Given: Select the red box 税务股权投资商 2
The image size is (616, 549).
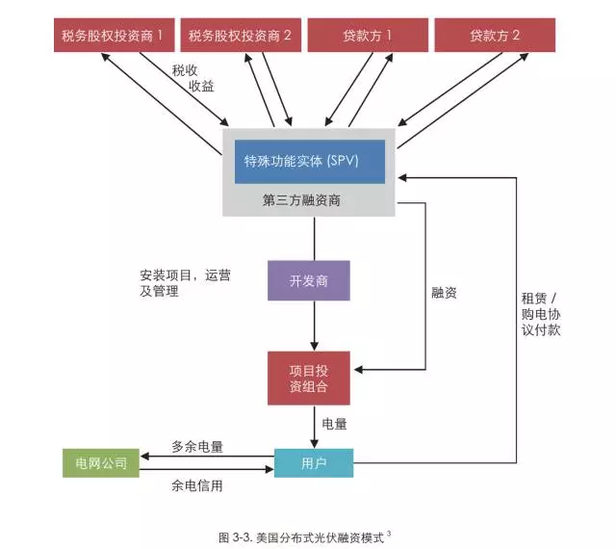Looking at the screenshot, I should pos(240,36).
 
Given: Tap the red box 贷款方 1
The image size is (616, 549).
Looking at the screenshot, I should pos(368,36).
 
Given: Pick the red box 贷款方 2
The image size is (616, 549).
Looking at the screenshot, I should pos(495,36).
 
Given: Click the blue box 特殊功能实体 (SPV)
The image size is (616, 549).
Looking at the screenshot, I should pos(309,161).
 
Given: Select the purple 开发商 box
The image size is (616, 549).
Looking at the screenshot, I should pos(308,281).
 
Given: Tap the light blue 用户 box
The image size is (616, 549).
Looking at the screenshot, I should pos(314,463).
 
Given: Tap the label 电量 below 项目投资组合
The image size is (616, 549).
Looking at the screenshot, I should pos(334,424).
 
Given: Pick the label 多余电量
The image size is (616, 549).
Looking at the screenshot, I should pos(197,447).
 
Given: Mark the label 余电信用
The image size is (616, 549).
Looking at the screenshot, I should pos(197,486).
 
